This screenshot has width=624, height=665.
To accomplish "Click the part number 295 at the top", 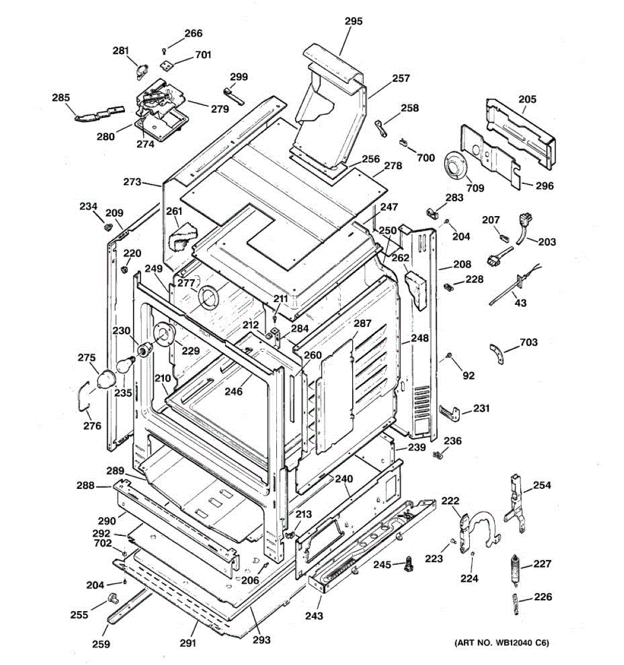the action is click(x=353, y=21).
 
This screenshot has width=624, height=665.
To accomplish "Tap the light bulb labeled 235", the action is click(x=125, y=364).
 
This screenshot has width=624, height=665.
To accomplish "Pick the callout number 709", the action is click(x=475, y=188).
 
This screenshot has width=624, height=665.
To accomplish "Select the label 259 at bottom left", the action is click(x=101, y=644).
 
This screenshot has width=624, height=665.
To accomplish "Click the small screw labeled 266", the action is click(x=164, y=50).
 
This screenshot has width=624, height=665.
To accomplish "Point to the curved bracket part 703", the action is click(x=497, y=353).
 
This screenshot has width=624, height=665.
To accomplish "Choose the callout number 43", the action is click(x=520, y=303).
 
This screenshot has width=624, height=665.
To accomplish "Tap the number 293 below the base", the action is click(x=262, y=640).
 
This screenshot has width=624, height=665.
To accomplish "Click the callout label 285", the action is click(x=60, y=98).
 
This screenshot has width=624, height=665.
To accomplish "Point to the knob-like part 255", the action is click(x=111, y=597).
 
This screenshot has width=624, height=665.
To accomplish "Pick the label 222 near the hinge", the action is click(x=450, y=501).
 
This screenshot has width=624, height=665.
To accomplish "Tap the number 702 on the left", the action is click(x=103, y=543).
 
